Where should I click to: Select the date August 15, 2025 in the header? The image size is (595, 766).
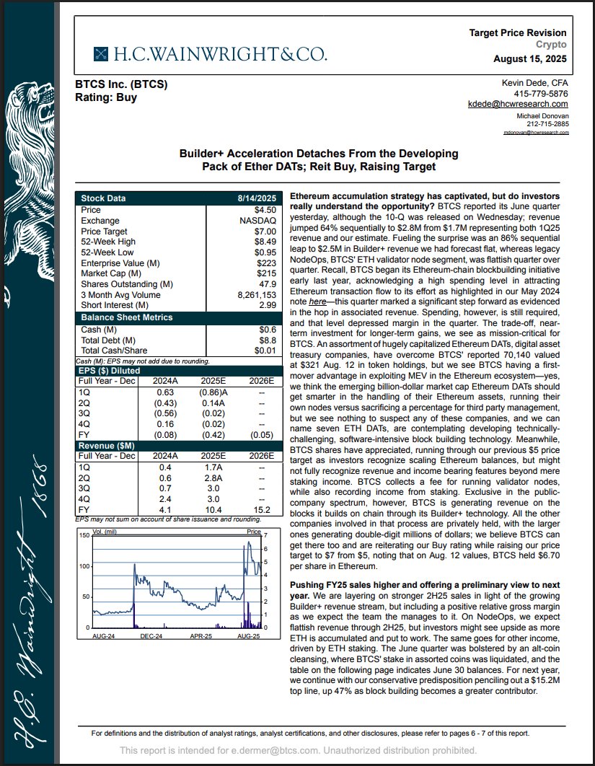tap(530, 58)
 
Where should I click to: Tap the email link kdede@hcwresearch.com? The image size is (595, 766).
tap(518, 105)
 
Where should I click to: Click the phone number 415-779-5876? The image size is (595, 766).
tap(541, 94)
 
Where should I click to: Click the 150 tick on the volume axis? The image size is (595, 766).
tap(84, 536)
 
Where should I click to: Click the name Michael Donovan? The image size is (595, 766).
tap(542, 116)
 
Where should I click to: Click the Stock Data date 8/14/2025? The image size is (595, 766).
tap(257, 198)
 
